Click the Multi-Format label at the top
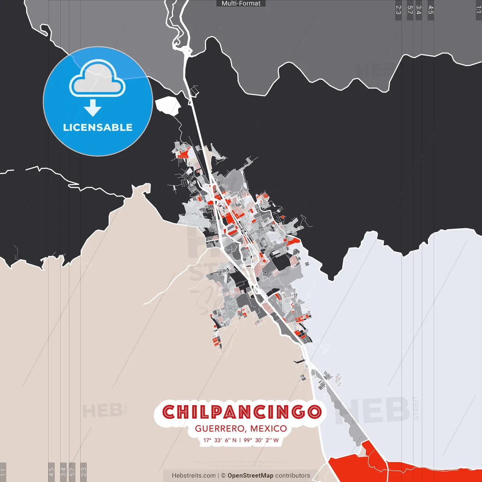click(241, 3)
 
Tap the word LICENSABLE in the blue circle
click(98, 127)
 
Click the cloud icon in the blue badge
click(98, 79)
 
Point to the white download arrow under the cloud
click(93, 108)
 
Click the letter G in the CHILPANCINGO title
click(296, 412)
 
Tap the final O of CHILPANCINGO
click(314, 412)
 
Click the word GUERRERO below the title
click(220, 429)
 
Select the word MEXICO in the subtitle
click(268, 429)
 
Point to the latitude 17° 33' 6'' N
click(220, 440)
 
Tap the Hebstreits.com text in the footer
click(194, 476)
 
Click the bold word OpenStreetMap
click(250, 476)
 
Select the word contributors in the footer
click(293, 476)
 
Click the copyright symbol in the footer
click(223, 476)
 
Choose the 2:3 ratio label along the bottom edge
click(84, 472)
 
